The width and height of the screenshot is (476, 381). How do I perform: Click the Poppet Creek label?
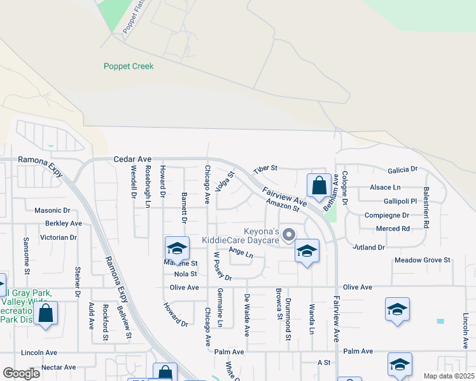[x=129, y=66]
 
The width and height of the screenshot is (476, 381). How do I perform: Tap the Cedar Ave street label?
[x=132, y=159]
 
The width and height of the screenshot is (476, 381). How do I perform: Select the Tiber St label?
[x=265, y=169]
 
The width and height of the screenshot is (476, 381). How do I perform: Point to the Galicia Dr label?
[x=402, y=170]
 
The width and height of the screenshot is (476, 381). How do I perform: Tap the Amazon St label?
[x=283, y=204]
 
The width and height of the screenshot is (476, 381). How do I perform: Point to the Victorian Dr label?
[x=59, y=237]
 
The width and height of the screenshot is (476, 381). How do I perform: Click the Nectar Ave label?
[x=59, y=367]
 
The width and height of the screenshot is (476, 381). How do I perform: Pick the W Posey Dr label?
[x=222, y=265]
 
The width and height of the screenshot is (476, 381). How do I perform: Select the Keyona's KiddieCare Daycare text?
[x=241, y=236]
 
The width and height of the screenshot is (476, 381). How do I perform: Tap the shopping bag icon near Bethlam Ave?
[x=319, y=185]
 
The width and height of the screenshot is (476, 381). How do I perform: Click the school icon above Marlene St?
[x=177, y=248]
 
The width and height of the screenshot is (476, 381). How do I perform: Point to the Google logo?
[x=21, y=373]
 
